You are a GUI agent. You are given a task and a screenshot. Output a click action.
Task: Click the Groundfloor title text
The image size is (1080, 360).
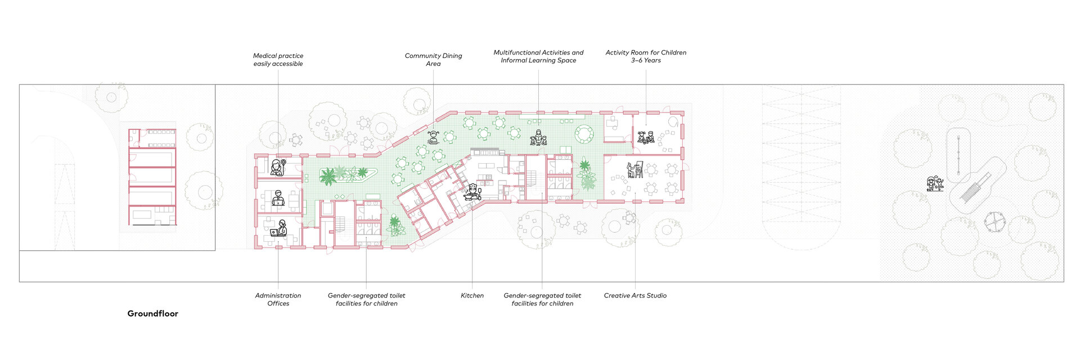[152, 314]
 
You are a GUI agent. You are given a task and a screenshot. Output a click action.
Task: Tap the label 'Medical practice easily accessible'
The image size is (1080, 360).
[278, 60]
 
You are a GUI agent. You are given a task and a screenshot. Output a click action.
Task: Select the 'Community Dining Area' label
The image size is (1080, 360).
[433, 60]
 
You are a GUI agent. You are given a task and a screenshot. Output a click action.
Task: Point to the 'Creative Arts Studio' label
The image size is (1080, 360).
[635, 295]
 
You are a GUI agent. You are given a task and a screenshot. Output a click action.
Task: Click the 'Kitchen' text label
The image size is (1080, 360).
[472, 295]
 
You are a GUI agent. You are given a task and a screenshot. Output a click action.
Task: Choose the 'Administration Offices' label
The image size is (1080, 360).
[278, 299]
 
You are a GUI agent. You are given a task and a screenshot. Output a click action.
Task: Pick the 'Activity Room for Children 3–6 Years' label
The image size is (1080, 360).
[646, 56]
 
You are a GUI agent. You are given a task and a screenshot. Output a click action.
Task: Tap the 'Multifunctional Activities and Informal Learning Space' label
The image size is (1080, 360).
[538, 56]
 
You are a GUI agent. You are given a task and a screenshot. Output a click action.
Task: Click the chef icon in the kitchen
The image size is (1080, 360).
[472, 192]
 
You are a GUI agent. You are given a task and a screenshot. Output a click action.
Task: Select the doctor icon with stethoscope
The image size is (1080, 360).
[277, 167]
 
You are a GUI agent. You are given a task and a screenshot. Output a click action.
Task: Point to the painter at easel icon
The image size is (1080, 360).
[634, 169]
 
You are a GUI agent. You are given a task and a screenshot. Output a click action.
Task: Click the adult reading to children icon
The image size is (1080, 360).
[538, 138]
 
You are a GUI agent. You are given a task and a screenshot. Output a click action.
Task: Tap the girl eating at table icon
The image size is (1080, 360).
[433, 137]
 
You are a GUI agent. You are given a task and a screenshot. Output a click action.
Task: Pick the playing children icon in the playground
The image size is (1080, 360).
[935, 183]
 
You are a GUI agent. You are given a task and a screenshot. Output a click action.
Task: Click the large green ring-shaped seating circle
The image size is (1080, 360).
[584, 134]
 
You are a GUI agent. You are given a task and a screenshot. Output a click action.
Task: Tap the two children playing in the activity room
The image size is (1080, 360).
[646, 137]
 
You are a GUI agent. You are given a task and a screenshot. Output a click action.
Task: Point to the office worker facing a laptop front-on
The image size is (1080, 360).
[278, 199]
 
